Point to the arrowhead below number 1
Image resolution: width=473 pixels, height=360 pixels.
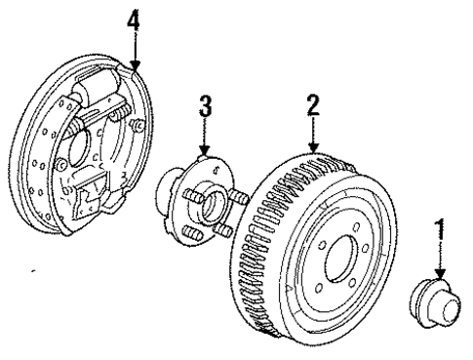pos(440,275)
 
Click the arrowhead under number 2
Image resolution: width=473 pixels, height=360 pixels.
pos(313,148)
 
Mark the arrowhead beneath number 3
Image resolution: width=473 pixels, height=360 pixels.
pos(205,150)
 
